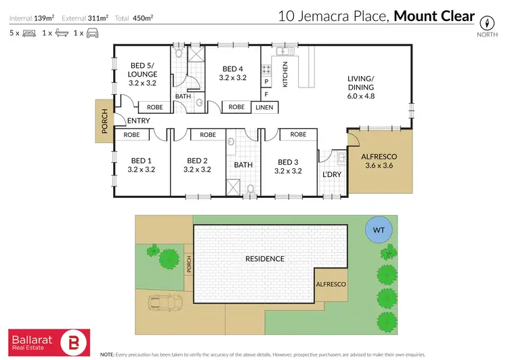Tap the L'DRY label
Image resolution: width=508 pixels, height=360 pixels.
331,174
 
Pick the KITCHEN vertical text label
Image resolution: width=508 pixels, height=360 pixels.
285,74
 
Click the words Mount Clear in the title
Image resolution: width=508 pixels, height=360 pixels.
434,16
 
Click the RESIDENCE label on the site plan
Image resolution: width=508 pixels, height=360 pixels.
266,258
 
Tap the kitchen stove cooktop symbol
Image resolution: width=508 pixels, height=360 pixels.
267,68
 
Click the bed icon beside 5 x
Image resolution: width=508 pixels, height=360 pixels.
29,33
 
